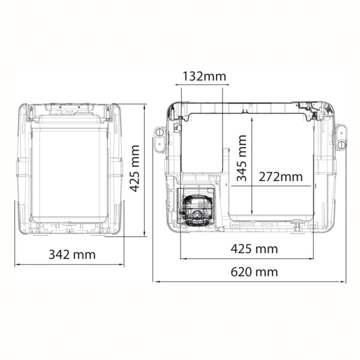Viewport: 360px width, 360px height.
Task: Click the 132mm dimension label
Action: (x=204, y=76)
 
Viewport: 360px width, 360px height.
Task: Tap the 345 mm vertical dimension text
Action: (x=242, y=158)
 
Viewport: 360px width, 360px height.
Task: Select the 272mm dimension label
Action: (x=281, y=177)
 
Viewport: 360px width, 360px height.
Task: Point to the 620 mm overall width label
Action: (x=254, y=272)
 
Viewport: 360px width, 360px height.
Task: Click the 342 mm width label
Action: (x=72, y=254)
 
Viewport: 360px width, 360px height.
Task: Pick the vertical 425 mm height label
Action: (x=134, y=168)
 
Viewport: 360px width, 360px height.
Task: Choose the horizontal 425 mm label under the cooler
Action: (x=254, y=248)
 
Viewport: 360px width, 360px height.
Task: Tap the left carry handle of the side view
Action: (x=160, y=139)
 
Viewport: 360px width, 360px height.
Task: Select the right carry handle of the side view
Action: (x=341, y=137)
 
